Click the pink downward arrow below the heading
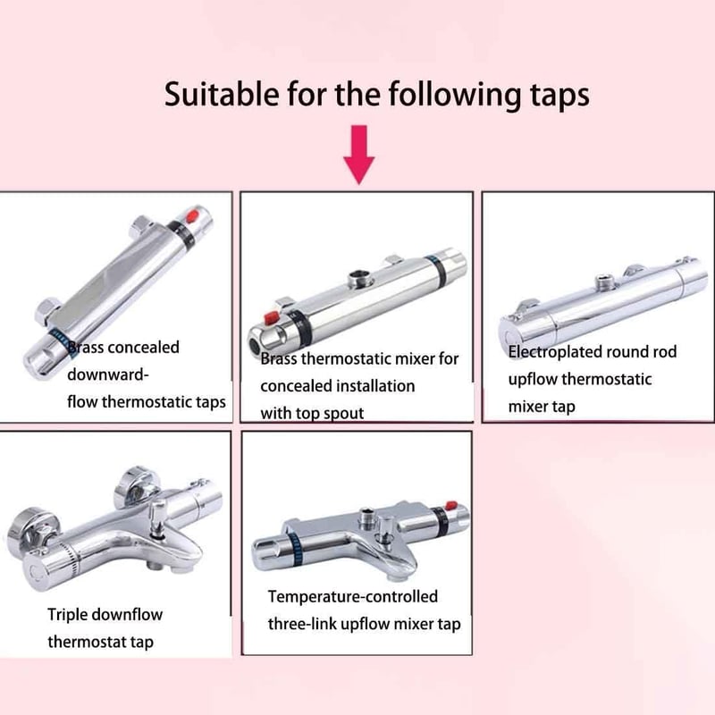(x=359, y=154)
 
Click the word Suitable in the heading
(x=222, y=94)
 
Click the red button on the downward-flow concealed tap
(x=193, y=214)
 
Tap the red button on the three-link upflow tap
(x=451, y=505)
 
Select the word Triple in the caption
(x=64, y=615)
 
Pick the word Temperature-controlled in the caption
(x=353, y=596)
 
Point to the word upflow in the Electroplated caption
(x=532, y=380)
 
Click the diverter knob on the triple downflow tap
(x=158, y=513)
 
